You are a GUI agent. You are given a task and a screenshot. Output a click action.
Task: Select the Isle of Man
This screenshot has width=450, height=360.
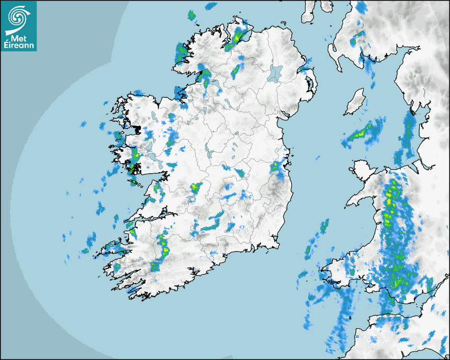tap(355, 102)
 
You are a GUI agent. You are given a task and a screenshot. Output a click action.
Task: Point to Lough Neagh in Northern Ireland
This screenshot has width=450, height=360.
tap(275, 73)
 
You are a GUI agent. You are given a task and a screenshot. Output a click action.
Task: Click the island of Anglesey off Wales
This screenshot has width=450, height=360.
tap(361, 172)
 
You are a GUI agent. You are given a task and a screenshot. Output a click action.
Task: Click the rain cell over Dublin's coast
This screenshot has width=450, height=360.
tap(277, 167)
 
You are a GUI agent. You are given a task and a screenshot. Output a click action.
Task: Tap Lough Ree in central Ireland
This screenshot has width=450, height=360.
tap(210, 154)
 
